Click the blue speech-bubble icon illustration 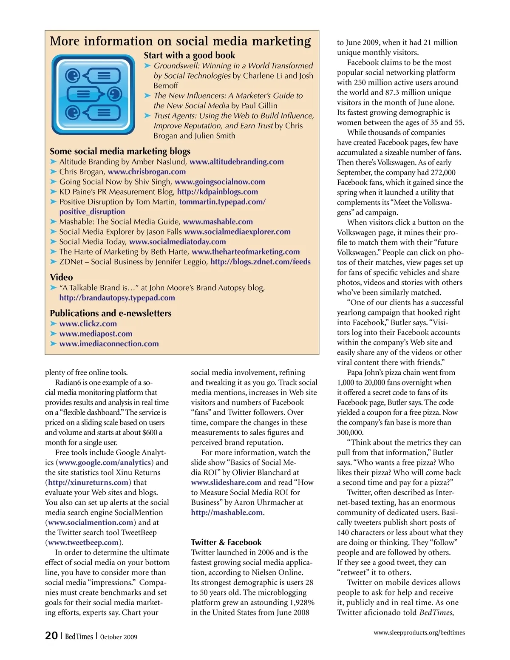pos(93,95)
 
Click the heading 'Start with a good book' pos(189,55)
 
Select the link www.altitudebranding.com pos(236,161)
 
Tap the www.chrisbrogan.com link pos(147,172)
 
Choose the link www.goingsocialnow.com pos(220,182)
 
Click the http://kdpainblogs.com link pos(217,192)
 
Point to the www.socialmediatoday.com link pos(177,242)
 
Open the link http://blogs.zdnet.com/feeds pos(260,262)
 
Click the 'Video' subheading pos(61,278)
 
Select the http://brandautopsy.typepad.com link pos(117,298)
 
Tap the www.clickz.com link pos(88,324)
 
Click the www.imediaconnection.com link pos(109,344)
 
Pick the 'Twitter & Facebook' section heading pos(226,542)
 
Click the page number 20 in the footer pos(51,635)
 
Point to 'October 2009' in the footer pos(119,637)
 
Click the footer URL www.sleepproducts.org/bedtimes pos(419,633)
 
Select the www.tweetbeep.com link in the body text pos(83,543)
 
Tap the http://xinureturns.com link pos(88,483)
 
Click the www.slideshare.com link pos(226,483)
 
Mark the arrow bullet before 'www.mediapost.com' pos(54,334)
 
